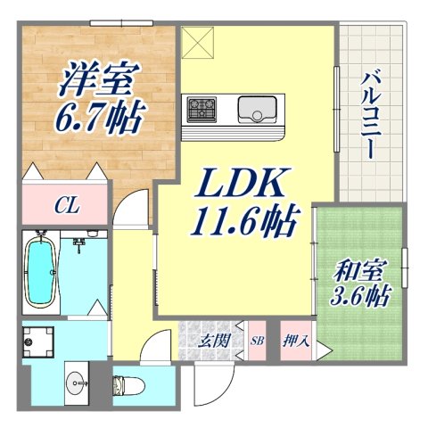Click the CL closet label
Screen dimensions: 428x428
coord(64,207)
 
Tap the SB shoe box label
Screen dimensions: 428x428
coord(257,341)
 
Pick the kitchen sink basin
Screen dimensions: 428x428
coord(260,111)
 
